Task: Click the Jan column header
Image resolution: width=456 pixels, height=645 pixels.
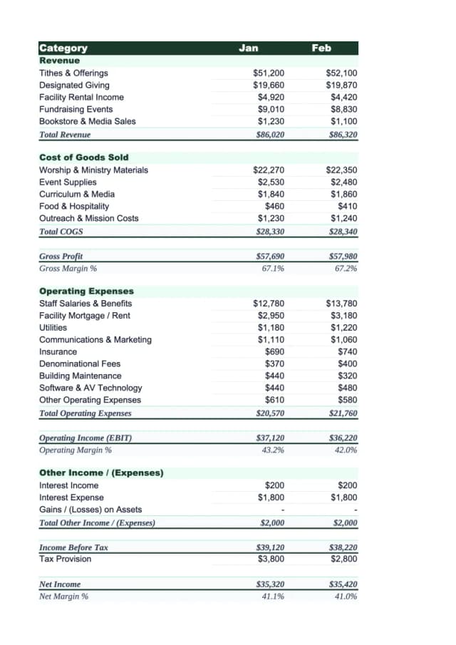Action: (x=249, y=48)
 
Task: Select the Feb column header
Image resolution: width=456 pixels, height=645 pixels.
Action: (x=321, y=48)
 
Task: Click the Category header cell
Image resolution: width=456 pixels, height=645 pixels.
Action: (x=63, y=48)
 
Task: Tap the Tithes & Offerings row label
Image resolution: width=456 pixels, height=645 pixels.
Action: (x=73, y=73)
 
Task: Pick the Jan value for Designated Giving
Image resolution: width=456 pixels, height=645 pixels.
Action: (x=269, y=85)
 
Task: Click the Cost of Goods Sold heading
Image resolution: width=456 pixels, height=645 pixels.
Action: (x=83, y=157)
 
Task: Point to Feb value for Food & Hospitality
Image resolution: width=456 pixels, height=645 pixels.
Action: (x=348, y=206)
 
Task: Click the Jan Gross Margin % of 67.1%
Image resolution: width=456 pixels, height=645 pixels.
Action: (x=273, y=269)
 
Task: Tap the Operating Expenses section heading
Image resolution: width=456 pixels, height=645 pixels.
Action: (x=86, y=291)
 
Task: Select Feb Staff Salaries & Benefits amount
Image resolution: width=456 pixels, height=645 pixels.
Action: (x=341, y=304)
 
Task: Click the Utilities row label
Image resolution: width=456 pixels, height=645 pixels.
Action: (x=53, y=328)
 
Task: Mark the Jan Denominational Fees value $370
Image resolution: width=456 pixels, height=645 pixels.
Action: (x=274, y=363)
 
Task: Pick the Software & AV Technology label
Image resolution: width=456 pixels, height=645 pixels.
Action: (x=90, y=388)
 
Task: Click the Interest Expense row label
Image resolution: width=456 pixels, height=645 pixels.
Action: (x=71, y=497)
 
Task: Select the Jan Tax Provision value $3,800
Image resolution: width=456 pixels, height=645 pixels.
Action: (x=271, y=559)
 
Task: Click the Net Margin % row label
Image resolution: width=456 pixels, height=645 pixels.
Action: (x=63, y=597)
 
